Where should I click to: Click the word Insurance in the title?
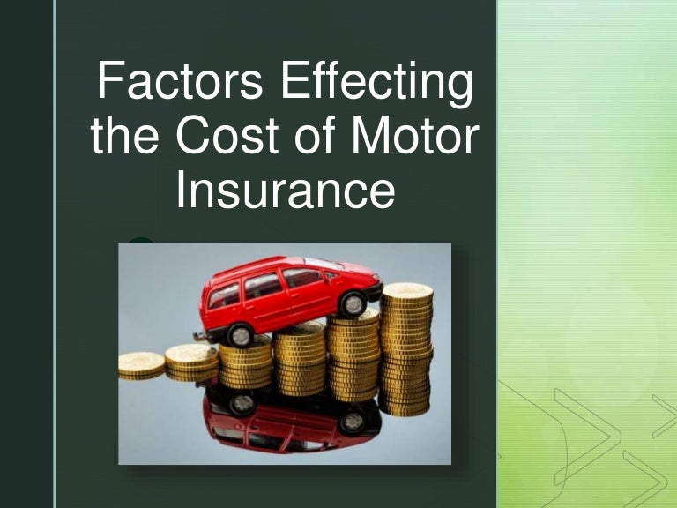(x=284, y=193)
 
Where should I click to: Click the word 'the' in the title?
(x=130, y=138)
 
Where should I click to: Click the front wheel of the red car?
(x=353, y=304)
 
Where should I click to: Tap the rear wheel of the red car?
(x=240, y=334)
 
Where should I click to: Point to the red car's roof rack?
(x=264, y=263)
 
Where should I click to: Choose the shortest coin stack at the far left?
(x=141, y=364)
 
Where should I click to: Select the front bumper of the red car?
(x=375, y=291)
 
